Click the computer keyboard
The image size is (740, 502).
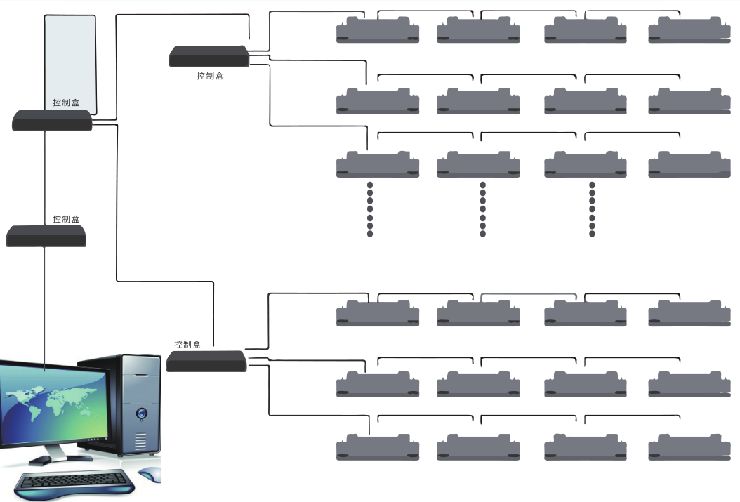pyautogui.click(x=74, y=482)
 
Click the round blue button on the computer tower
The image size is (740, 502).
pyautogui.click(x=142, y=414)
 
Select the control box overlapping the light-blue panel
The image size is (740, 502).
pyautogui.click(x=53, y=121)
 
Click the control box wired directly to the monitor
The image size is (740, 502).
pyautogui.click(x=46, y=236)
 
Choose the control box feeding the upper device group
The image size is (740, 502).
pyautogui.click(x=209, y=57)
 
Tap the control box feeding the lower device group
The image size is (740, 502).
pyautogui.click(x=206, y=361)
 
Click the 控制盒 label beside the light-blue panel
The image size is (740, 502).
pyautogui.click(x=66, y=103)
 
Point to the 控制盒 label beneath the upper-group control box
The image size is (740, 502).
pyautogui.click(x=210, y=76)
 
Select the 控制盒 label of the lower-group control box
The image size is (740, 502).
pyautogui.click(x=187, y=345)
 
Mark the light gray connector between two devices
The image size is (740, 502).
pyautogui.click(x=529, y=293)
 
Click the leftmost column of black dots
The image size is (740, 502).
pyautogui.click(x=370, y=209)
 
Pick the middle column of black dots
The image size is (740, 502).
pyautogui.click(x=482, y=209)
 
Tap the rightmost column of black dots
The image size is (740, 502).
pyautogui.click(x=592, y=209)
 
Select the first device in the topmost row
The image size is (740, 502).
pyautogui.click(x=378, y=31)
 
